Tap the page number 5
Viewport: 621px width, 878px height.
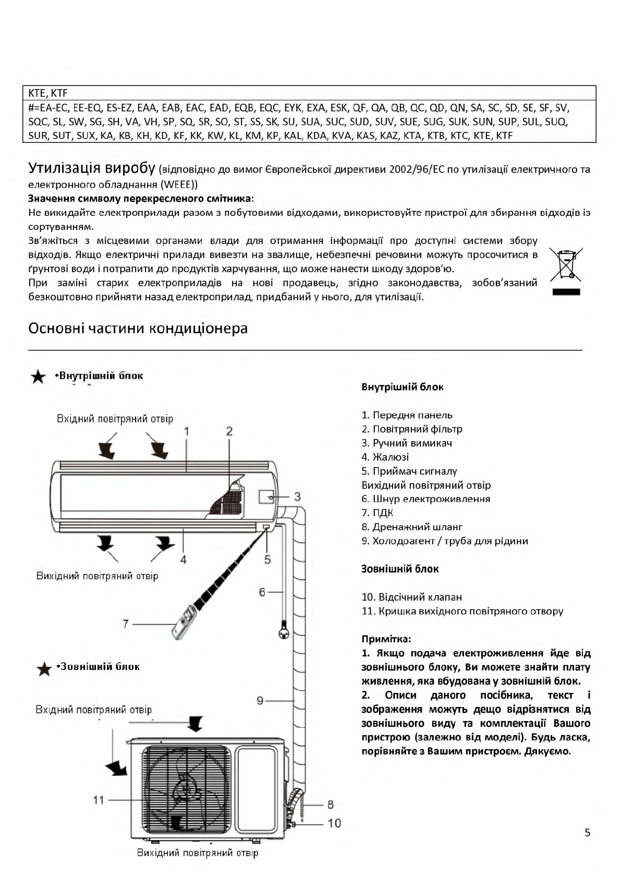pyautogui.click(x=588, y=832)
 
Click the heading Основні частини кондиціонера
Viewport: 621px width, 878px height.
pyautogui.click(x=138, y=328)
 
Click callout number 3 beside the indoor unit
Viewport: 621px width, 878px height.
pyautogui.click(x=297, y=497)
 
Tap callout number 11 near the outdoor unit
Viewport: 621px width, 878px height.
pyautogui.click(x=99, y=800)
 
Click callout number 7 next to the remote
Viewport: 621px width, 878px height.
pyautogui.click(x=126, y=624)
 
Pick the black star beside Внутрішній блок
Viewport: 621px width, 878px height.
pyautogui.click(x=38, y=377)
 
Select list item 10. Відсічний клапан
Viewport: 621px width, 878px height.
pyautogui.click(x=411, y=597)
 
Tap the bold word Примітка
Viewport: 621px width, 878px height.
pyautogui.click(x=386, y=639)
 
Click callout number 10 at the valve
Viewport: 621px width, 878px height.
pyautogui.click(x=334, y=823)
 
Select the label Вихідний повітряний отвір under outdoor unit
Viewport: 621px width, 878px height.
pyautogui.click(x=197, y=853)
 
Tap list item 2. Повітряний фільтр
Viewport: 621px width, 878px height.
pyautogui.click(x=412, y=429)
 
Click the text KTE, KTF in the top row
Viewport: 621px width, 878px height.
pyautogui.click(x=48, y=93)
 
